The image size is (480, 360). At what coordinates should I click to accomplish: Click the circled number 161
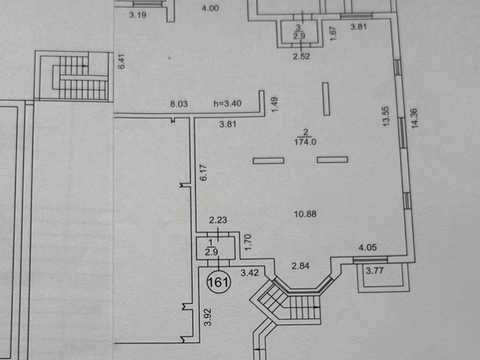click(x=219, y=282)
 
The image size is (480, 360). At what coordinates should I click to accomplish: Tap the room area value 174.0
click(x=305, y=142)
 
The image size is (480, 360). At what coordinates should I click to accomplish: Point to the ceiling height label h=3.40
click(x=227, y=103)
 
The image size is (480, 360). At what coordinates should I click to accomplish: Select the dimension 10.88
click(x=305, y=214)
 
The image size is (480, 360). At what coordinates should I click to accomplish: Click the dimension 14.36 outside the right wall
click(x=414, y=118)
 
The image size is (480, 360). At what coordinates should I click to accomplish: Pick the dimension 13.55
click(x=386, y=116)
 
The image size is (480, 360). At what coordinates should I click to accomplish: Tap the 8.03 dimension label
click(x=179, y=104)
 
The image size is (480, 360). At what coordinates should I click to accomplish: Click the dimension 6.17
click(x=204, y=172)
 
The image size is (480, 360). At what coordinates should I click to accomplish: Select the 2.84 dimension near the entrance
click(x=300, y=266)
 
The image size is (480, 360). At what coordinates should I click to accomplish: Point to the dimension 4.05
click(x=367, y=247)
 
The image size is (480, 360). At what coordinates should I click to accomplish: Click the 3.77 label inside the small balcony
click(x=375, y=270)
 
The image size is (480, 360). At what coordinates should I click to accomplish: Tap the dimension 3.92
click(x=208, y=317)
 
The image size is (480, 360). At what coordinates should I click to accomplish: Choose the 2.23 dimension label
click(x=218, y=220)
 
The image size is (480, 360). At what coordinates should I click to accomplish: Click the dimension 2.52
click(x=301, y=56)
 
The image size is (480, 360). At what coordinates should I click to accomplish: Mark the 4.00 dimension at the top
click(x=210, y=8)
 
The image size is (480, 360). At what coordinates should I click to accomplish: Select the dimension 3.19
click(x=138, y=15)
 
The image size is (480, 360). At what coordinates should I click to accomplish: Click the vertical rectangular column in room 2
click(x=326, y=99)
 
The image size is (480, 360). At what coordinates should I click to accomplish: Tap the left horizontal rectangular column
click(x=268, y=161)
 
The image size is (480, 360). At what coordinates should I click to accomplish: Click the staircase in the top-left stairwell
click(x=80, y=77)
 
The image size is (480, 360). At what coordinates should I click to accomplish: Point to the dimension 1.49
click(x=274, y=104)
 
